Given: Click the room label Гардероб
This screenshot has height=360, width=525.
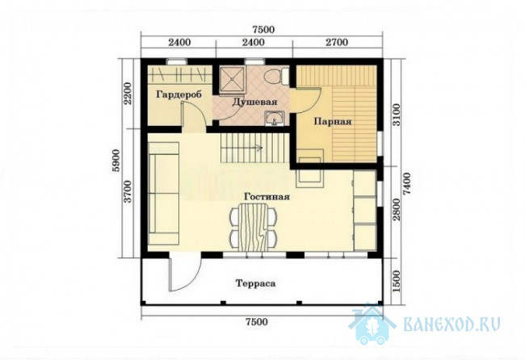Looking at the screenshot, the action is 178,94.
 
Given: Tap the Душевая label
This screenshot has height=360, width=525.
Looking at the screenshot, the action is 254,102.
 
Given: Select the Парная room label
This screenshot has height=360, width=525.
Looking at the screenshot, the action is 333,121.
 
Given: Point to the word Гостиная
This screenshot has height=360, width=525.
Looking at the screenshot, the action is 267,196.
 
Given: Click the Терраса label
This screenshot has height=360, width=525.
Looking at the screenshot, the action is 256,283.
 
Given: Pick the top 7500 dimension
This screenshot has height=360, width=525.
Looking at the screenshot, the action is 263,30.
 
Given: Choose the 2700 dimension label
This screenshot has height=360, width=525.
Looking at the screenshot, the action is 337,42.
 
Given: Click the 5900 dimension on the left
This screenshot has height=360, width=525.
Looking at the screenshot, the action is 115,161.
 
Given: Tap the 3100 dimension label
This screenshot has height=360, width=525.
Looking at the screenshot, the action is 396,115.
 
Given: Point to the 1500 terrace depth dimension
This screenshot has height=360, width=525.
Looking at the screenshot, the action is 396,281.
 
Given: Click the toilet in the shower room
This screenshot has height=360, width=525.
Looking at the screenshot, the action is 276,76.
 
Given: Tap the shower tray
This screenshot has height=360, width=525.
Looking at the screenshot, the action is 233,78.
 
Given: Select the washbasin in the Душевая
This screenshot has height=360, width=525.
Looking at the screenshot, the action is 275,119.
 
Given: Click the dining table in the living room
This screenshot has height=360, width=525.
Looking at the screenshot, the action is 254,228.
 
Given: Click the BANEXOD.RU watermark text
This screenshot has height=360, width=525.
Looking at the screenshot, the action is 452,324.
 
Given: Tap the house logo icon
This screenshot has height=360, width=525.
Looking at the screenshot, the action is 372,323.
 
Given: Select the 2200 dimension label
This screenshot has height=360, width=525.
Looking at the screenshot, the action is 128,94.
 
